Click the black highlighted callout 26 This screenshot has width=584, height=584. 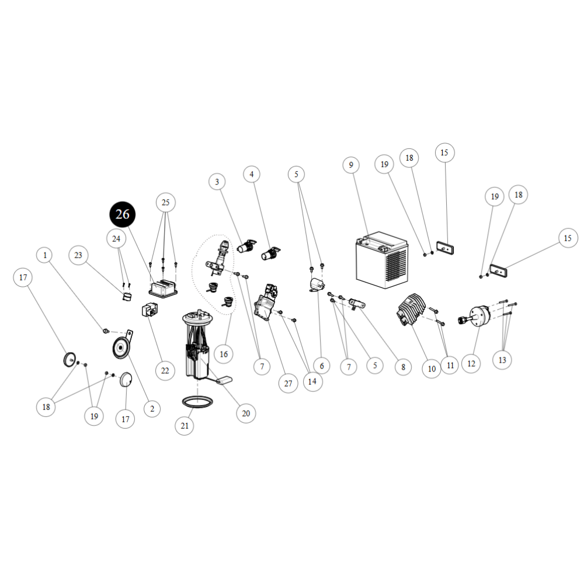123,214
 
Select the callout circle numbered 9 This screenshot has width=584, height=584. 351,165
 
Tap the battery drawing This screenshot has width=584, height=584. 382,260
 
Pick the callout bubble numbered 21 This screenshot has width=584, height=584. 185,425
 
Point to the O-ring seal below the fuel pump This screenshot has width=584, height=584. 197,402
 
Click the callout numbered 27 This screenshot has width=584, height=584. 288,383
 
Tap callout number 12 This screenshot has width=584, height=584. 471,363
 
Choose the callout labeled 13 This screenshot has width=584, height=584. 502,360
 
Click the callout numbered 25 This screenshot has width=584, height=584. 166,202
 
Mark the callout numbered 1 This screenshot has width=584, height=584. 45,255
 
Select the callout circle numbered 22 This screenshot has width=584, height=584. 165,371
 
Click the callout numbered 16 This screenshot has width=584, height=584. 224,354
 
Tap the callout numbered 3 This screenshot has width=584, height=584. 217,182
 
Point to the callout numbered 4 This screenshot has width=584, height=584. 252,174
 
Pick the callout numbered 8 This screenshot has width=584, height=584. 404,367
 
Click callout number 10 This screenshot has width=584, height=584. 432,369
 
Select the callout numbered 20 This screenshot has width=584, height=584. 246,413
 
